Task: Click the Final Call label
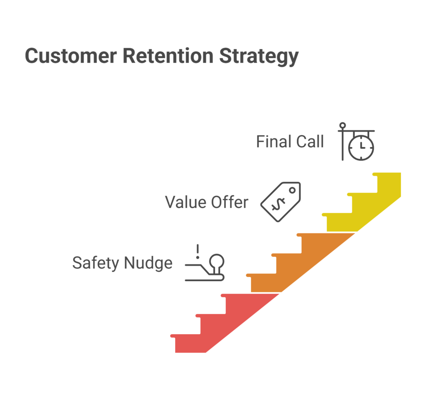290,142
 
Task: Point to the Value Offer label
206,202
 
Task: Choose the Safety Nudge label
122,263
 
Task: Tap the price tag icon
281,202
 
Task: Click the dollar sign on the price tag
277,205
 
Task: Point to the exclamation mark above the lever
198,251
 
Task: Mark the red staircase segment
225,325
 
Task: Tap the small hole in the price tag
292,191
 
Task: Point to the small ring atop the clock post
342,125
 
